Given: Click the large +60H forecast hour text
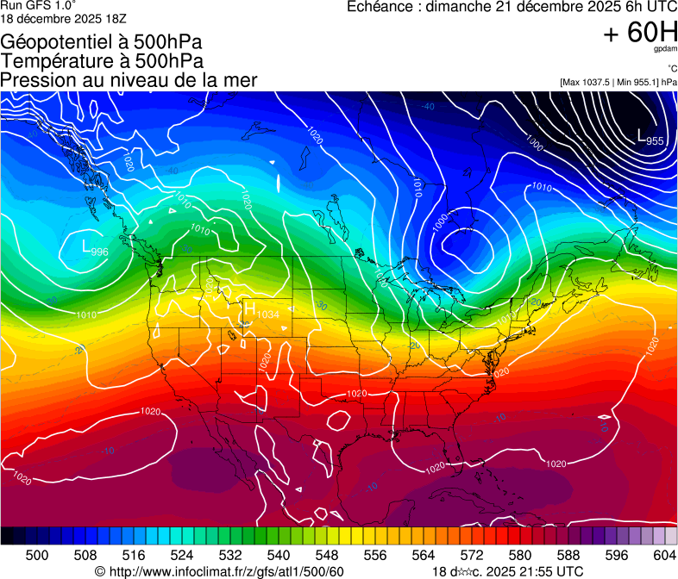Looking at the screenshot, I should tap(639, 34).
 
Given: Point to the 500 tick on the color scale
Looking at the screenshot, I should tap(37, 555).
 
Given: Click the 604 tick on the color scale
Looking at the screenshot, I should tap(665, 555).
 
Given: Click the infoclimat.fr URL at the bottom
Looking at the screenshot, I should tap(219, 572).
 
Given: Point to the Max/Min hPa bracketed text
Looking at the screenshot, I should tap(618, 82).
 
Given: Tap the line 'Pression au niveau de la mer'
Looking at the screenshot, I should tap(129, 80).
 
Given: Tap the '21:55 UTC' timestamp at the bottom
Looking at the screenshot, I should tap(547, 572).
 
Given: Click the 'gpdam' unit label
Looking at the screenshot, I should tap(665, 50).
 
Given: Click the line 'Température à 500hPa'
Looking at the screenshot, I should tap(103, 61).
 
